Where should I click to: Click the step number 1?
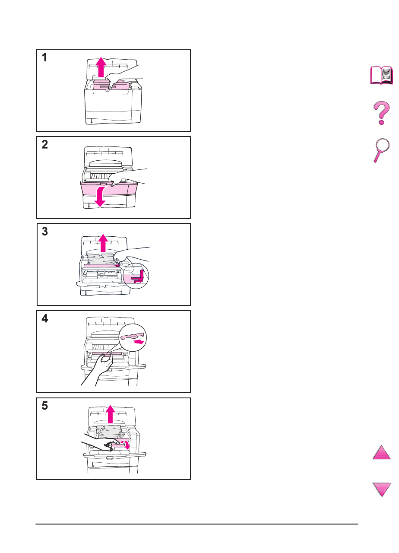click(44, 58)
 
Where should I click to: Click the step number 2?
click(45, 145)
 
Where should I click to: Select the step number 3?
click(45, 232)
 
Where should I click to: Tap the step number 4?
click(45, 319)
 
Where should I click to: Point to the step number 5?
click(45, 407)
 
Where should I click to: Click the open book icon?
click(382, 75)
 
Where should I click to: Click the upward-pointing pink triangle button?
click(382, 454)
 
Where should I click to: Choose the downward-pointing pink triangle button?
click(382, 489)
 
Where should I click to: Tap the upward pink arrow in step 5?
click(111, 414)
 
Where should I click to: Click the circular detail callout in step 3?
click(135, 276)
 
